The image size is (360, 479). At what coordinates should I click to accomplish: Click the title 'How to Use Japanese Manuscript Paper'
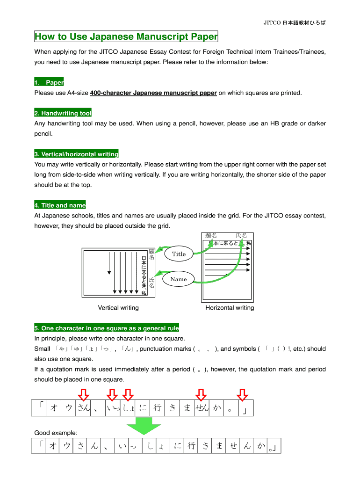click(x=126, y=36)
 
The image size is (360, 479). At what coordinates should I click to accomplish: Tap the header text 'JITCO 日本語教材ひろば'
click(x=295, y=22)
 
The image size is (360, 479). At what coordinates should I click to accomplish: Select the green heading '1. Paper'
click(x=49, y=83)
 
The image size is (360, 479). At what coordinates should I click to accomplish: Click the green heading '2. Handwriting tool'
click(x=63, y=113)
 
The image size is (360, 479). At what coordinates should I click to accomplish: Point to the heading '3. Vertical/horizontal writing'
click(x=76, y=154)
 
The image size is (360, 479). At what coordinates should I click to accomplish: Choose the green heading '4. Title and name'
click(x=60, y=205)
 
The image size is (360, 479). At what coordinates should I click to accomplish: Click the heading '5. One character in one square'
click(x=107, y=328)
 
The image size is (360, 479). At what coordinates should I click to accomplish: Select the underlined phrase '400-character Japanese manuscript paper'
click(x=153, y=93)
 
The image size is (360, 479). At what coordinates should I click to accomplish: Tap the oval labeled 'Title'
click(x=179, y=254)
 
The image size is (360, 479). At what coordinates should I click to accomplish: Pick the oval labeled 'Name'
click(x=179, y=279)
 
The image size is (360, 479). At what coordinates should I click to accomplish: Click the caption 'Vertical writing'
click(x=118, y=308)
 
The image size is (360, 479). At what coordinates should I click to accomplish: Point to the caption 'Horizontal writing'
click(x=230, y=308)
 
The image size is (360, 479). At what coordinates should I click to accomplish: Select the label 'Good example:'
click(x=56, y=433)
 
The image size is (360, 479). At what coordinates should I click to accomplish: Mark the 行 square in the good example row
click(x=191, y=447)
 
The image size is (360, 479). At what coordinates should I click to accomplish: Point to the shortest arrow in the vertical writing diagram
click(x=109, y=263)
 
